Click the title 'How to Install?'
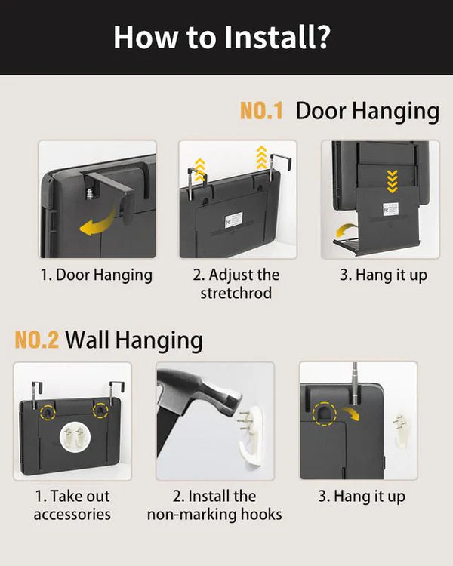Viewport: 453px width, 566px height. (x=222, y=37)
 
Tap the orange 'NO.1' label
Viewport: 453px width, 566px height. (x=261, y=110)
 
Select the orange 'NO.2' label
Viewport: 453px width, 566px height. (x=36, y=340)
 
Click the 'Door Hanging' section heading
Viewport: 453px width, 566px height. (x=368, y=111)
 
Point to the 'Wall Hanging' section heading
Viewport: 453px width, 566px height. (x=134, y=340)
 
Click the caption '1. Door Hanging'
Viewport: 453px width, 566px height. (x=97, y=275)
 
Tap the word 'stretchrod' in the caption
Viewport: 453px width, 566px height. (x=236, y=293)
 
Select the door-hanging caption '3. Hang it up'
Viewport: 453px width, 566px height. (x=384, y=275)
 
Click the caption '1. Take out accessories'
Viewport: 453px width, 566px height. (x=72, y=505)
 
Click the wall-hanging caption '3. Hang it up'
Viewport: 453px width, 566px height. (x=362, y=497)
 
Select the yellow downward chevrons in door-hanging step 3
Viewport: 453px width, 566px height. (x=392, y=181)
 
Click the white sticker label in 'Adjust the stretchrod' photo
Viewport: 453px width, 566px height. (x=234, y=220)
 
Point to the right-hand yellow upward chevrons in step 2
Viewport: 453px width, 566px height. (x=261, y=158)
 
